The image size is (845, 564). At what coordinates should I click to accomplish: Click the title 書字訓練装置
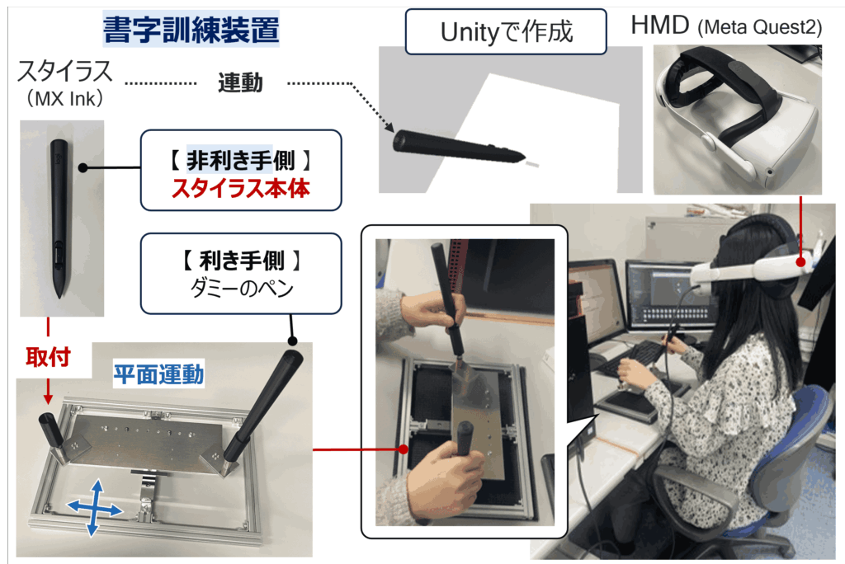click(x=191, y=29)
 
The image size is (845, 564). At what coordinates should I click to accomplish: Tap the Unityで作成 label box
click(x=506, y=32)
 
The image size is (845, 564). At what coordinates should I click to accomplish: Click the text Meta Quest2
click(x=760, y=27)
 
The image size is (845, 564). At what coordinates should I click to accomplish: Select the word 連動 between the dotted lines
click(x=240, y=83)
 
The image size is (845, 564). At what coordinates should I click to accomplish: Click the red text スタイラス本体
click(x=241, y=189)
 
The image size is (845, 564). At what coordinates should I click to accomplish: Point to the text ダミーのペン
click(x=242, y=289)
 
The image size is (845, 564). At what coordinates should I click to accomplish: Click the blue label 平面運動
click(x=158, y=374)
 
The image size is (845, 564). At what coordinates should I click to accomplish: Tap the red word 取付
click(x=48, y=356)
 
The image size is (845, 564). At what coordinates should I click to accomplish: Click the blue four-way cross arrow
click(x=95, y=507)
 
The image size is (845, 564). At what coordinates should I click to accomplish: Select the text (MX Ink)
click(x=64, y=99)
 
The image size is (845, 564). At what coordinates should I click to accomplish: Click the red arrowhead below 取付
click(x=48, y=398)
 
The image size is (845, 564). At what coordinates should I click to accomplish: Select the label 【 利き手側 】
click(x=241, y=261)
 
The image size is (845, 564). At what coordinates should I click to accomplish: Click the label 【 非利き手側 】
click(x=240, y=161)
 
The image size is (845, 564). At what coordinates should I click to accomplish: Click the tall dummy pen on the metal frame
click(x=264, y=405)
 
